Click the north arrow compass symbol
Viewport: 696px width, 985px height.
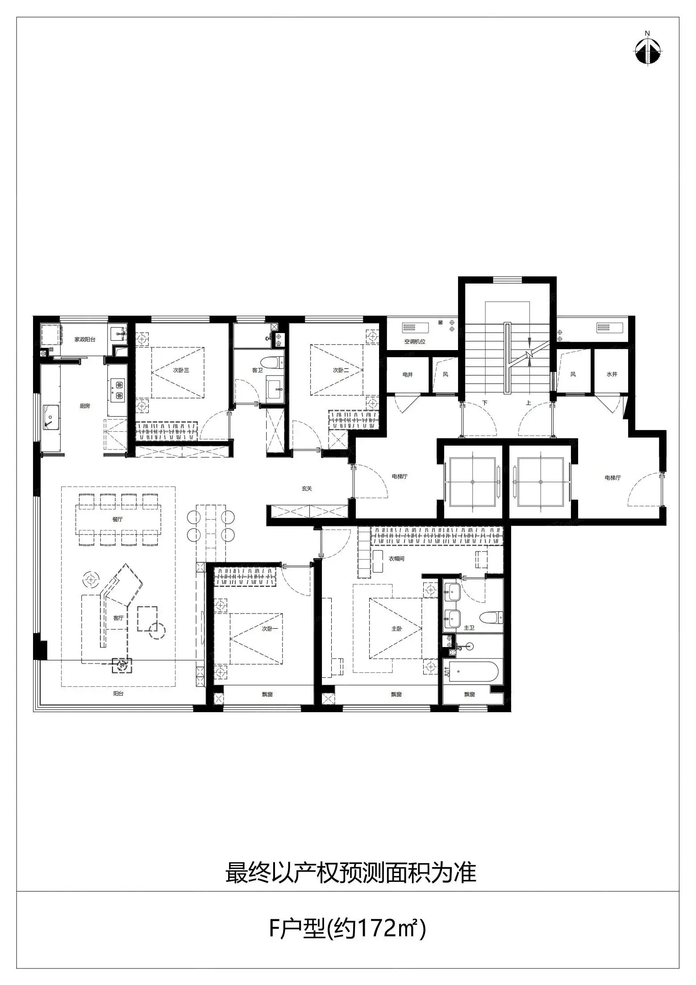pyautogui.click(x=647, y=49)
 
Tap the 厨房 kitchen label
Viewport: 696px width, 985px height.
pyautogui.click(x=85, y=406)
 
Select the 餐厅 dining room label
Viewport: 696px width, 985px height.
pyautogui.click(x=117, y=519)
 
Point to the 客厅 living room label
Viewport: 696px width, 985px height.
pyautogui.click(x=118, y=618)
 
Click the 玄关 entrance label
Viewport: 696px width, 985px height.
pyautogui.click(x=306, y=489)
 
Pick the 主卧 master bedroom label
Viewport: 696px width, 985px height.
pyautogui.click(x=396, y=629)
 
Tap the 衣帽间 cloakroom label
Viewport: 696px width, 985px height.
pyautogui.click(x=396, y=559)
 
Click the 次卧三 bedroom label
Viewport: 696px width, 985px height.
pyautogui.click(x=181, y=370)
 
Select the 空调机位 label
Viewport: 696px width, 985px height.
pyautogui.click(x=415, y=342)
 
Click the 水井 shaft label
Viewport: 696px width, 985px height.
pyautogui.click(x=612, y=374)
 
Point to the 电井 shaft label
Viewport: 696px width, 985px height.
pyautogui.click(x=408, y=375)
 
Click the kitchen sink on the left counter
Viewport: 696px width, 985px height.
pyautogui.click(x=50, y=417)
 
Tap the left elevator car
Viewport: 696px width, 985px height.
pyautogui.click(x=472, y=482)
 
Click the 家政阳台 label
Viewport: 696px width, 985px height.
pyautogui.click(x=85, y=339)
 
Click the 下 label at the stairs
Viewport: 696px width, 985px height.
pyautogui.click(x=484, y=403)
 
